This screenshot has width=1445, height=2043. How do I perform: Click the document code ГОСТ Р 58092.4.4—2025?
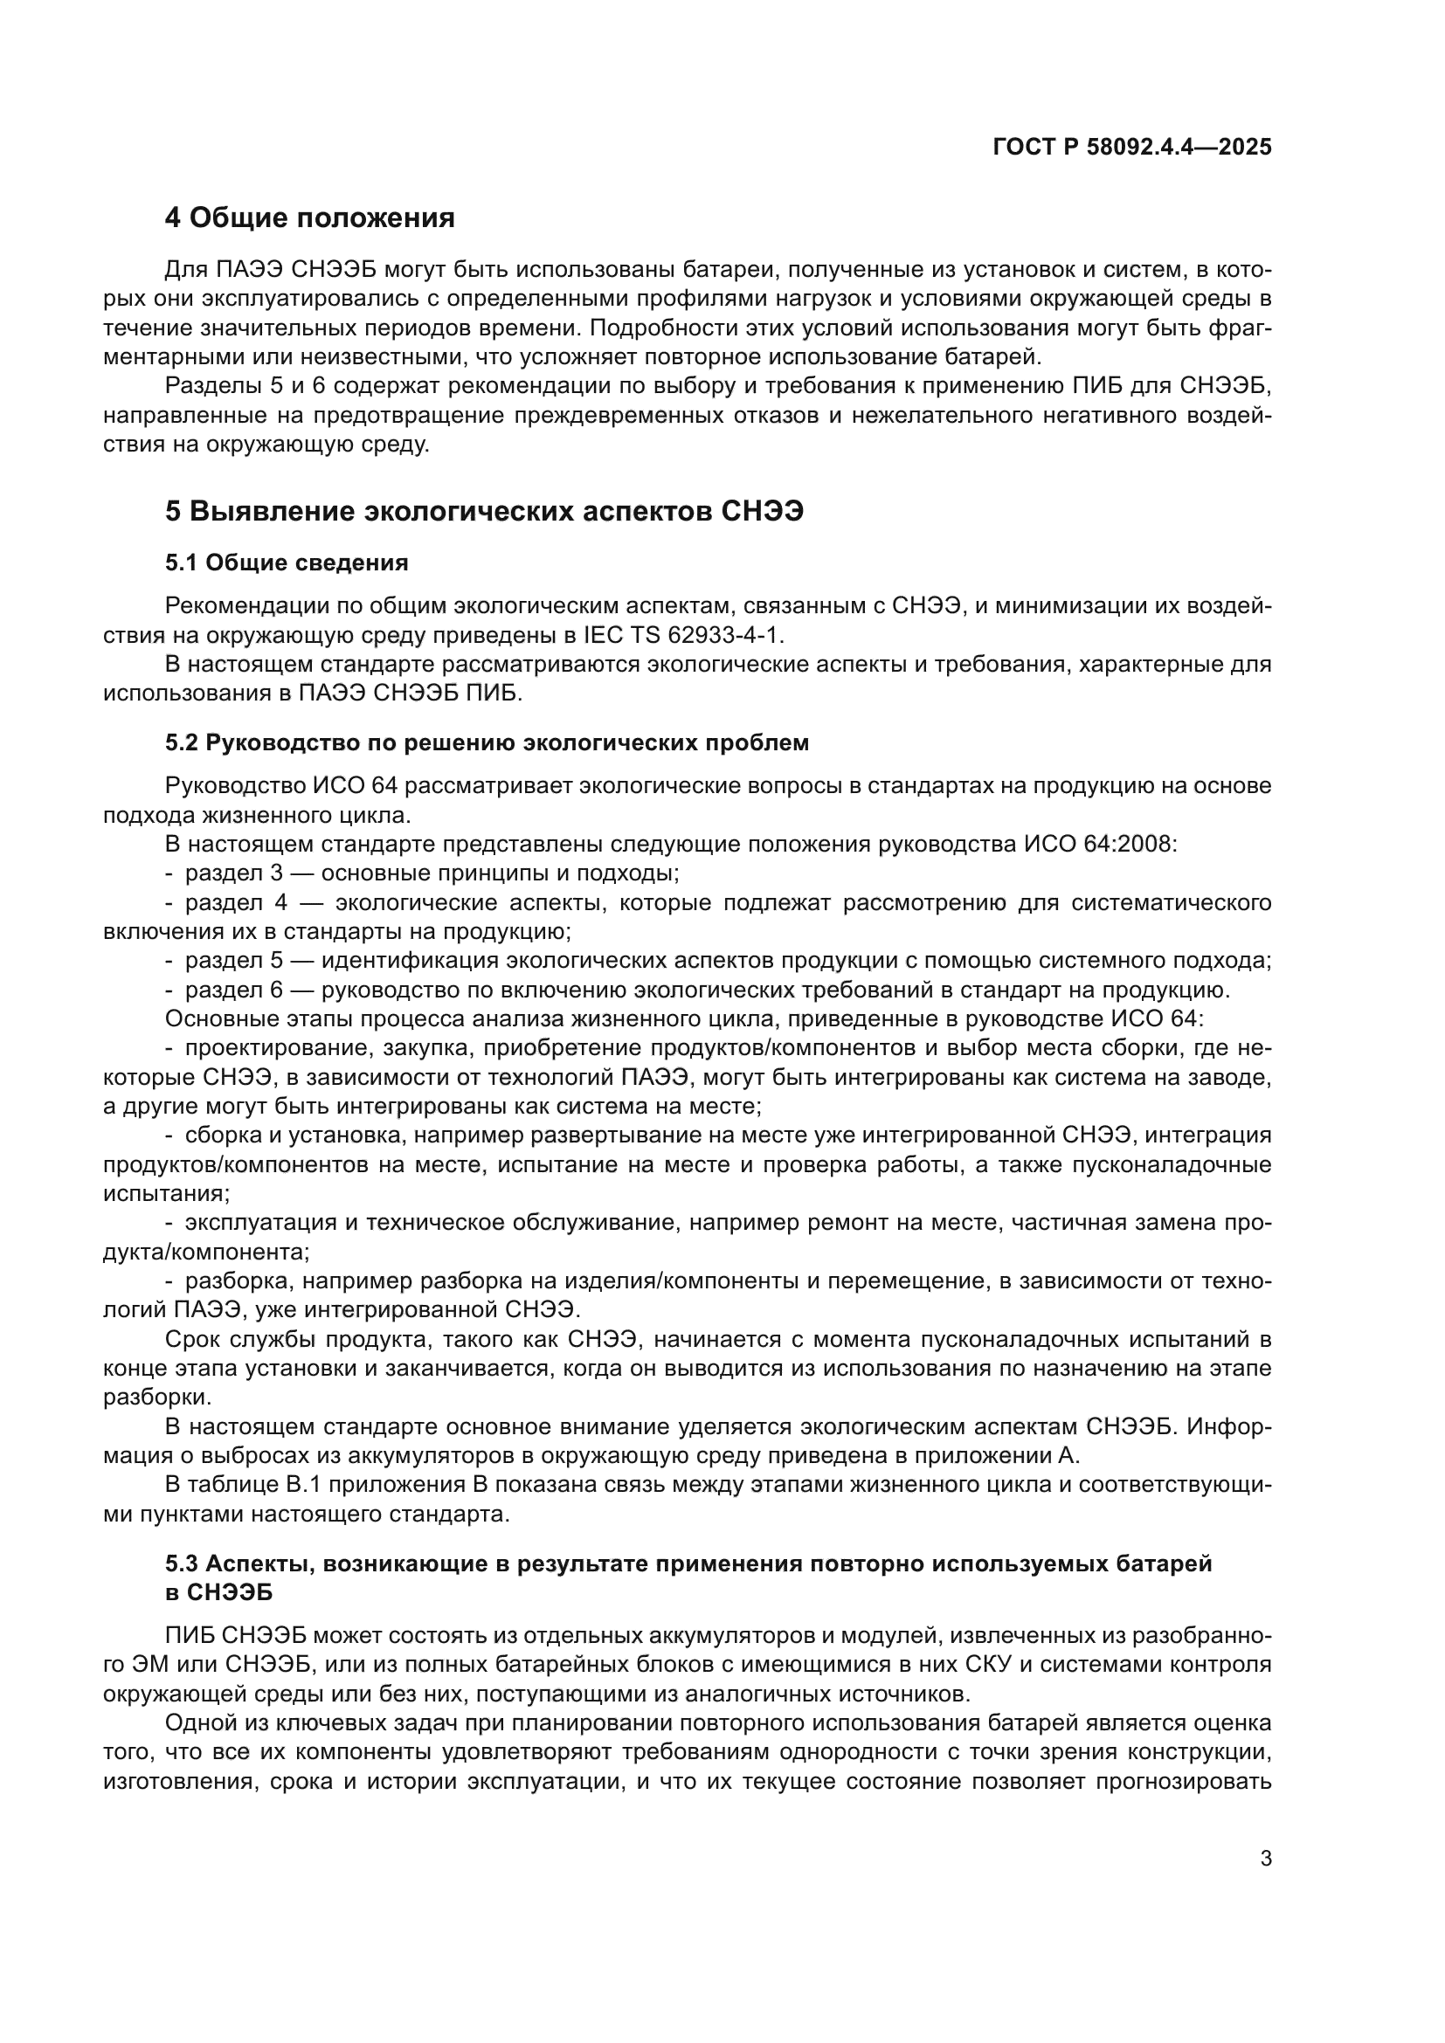point(1131,148)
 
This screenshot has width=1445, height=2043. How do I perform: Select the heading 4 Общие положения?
point(309,218)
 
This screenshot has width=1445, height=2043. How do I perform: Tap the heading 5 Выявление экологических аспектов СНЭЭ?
point(484,512)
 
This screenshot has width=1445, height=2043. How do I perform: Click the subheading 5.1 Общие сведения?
point(287,563)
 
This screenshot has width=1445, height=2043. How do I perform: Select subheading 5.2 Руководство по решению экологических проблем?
point(487,742)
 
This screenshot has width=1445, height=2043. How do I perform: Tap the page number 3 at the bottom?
point(1265,1859)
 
